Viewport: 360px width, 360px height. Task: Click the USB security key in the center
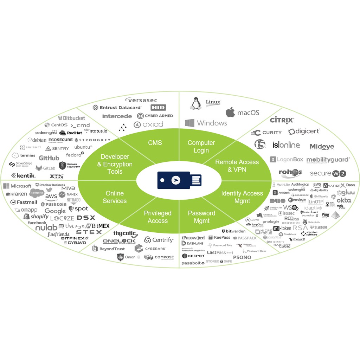tap(179, 180)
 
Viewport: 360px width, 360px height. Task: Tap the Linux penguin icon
tap(195, 104)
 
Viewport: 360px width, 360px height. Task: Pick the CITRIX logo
tap(282, 121)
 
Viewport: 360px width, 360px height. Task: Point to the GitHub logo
tap(49, 158)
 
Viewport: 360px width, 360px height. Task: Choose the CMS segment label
tap(155, 142)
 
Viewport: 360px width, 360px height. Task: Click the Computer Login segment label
tap(201, 147)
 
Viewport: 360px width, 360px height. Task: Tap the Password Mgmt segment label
tap(201, 217)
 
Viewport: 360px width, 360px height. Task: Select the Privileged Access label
tap(157, 217)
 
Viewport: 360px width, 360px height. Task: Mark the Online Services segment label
tap(115, 197)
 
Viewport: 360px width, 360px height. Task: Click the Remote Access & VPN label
tap(237, 166)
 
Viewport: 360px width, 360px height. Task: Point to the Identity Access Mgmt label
tap(242, 197)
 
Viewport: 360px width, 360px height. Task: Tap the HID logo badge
tap(158, 108)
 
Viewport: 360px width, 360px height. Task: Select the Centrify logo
tap(159, 240)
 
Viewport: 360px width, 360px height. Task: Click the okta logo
tap(344, 200)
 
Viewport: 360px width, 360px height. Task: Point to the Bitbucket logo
tap(72, 118)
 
